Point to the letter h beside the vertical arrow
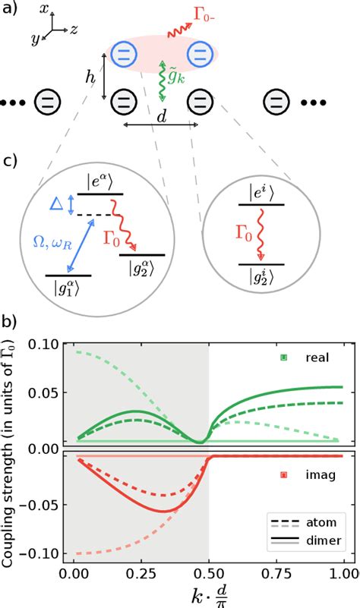90,77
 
